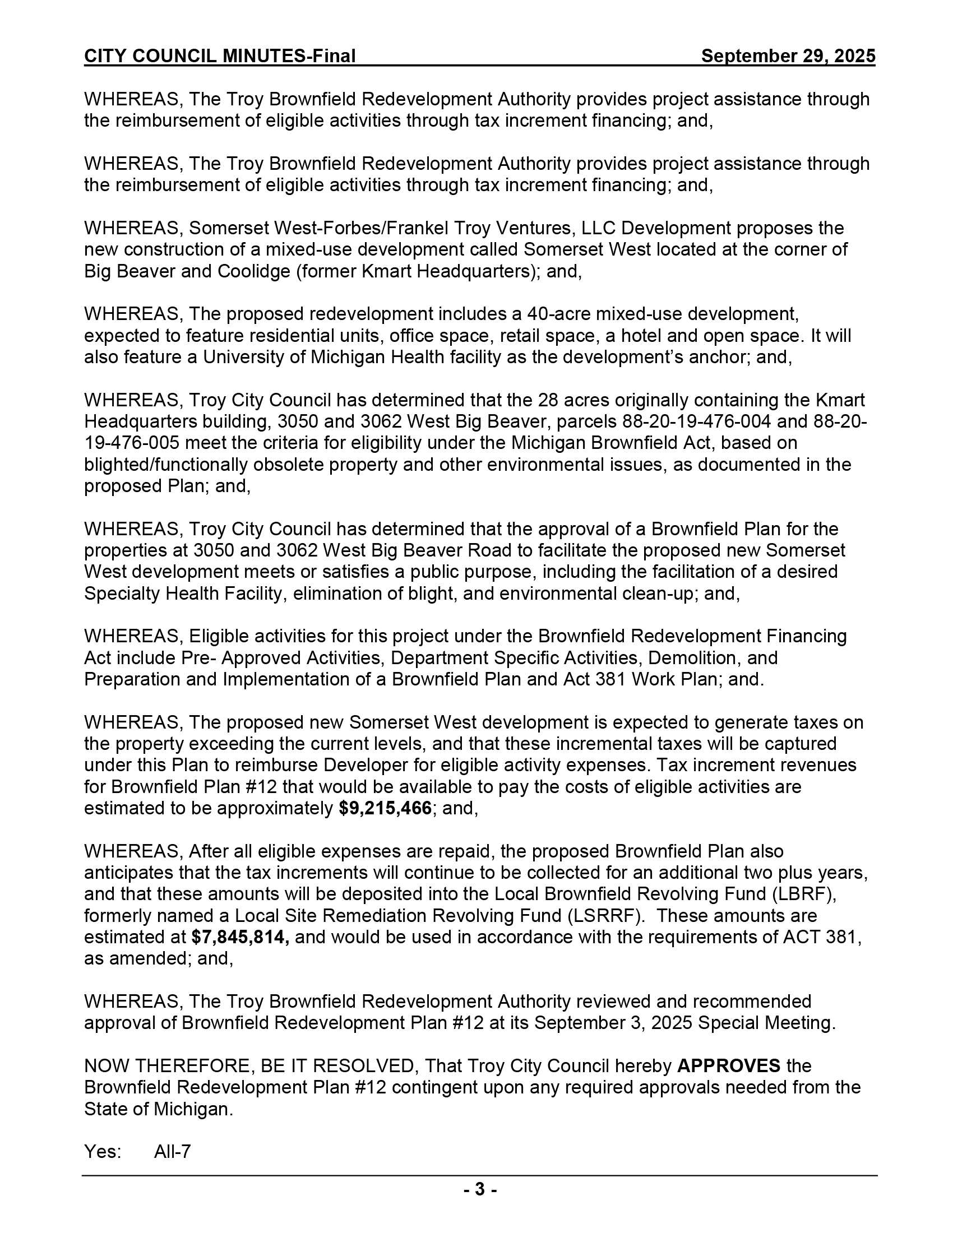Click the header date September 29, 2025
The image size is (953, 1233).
[788, 56]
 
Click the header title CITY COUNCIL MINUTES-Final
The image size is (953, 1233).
[220, 56]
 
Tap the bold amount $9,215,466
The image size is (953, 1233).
[385, 808]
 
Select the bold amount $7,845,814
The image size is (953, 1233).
[240, 937]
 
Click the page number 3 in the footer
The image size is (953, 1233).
[479, 1190]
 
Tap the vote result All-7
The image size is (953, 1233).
[172, 1152]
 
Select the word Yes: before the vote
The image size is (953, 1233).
[103, 1152]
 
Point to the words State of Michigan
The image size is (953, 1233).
[158, 1109]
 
